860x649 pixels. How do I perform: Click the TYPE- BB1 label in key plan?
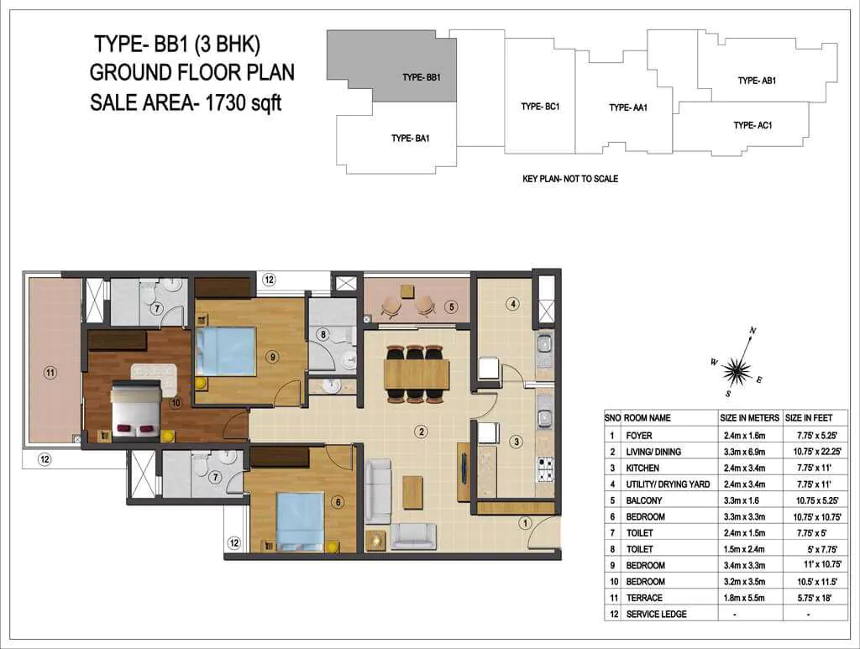pos(422,77)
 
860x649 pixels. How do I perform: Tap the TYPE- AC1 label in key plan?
pos(752,125)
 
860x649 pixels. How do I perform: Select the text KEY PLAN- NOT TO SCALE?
pos(570,179)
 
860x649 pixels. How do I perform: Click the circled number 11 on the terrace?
pos(50,374)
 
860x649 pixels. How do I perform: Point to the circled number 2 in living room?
pos(422,432)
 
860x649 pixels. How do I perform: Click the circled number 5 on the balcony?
pos(451,307)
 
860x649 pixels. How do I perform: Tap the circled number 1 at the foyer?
pos(525,523)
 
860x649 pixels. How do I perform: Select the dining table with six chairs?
pos(417,374)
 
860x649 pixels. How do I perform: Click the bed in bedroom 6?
pos(300,521)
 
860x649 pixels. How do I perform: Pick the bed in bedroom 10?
pos(136,409)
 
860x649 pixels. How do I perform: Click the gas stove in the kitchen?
pos(546,470)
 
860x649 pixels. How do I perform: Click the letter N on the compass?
pos(753,331)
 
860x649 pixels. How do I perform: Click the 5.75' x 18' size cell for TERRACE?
pos(815,598)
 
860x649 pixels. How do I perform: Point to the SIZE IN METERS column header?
pos(750,417)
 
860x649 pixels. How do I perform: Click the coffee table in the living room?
pos(412,492)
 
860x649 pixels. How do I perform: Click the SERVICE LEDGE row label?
pos(657,614)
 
